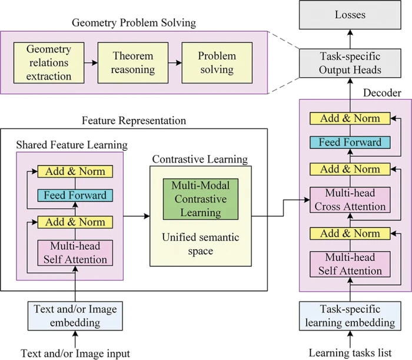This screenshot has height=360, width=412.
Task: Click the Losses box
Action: tap(350, 15)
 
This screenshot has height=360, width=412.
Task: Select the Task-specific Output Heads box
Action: tap(350, 63)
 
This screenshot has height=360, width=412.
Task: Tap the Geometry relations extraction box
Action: tap(49, 63)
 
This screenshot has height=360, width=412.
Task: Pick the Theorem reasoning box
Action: tap(133, 63)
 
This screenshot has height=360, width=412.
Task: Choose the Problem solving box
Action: tap(217, 63)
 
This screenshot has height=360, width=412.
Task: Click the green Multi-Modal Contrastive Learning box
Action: tap(201, 199)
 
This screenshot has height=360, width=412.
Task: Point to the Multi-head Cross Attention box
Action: tap(350, 200)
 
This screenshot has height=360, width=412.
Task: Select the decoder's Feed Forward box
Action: tap(350, 142)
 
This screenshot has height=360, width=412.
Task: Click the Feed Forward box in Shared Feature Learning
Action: tap(75, 196)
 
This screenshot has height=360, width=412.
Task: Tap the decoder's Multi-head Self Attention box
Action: tap(350, 265)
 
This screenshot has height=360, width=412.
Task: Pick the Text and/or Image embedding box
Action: tap(75, 316)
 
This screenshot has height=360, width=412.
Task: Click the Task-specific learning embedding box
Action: tap(350, 316)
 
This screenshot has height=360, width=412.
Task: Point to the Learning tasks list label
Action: tap(350, 353)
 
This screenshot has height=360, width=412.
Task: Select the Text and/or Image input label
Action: tap(75, 354)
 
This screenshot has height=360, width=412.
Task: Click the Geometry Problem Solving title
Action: tap(134, 23)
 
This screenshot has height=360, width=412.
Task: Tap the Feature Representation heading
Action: tap(134, 121)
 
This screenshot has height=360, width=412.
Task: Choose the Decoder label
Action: tap(382, 93)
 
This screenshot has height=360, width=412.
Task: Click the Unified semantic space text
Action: tap(201, 244)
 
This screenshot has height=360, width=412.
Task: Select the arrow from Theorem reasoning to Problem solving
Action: tap(175, 63)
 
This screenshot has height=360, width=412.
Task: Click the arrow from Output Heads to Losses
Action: tap(350, 39)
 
